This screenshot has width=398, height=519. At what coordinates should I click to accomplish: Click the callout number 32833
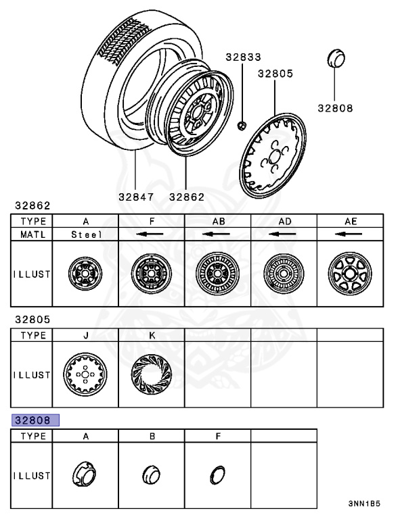pyautogui.click(x=243, y=57)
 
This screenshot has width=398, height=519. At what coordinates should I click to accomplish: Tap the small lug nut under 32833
pyautogui.click(x=242, y=126)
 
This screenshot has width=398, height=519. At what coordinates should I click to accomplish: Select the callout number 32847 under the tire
pyautogui.click(x=136, y=197)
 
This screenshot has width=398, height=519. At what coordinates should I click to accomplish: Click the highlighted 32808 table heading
pyautogui.click(x=35, y=420)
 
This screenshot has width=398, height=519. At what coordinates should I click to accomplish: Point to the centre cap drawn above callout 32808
pyautogui.click(x=336, y=58)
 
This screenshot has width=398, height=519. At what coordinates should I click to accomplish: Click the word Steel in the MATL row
pyautogui.click(x=86, y=234)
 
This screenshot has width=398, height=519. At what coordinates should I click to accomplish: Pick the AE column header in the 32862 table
pyautogui.click(x=350, y=221)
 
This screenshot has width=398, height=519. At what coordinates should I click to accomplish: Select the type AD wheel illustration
pyautogui.click(x=284, y=274)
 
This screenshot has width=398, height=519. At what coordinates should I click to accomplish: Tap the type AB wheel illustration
pyautogui.click(x=217, y=274)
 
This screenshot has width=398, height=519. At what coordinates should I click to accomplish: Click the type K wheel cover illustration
pyautogui.click(x=152, y=374)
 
